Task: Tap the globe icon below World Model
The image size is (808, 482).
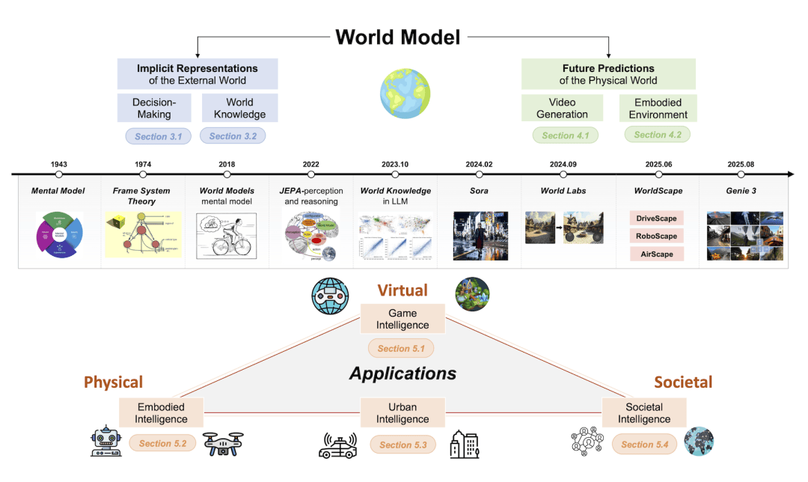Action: tap(404, 94)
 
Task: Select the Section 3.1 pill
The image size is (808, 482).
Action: tap(158, 136)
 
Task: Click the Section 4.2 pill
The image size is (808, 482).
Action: tap(657, 135)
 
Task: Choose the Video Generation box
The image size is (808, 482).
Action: tap(562, 108)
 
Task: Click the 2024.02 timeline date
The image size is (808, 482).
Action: tap(479, 164)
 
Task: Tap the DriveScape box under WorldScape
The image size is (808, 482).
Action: tap(656, 219)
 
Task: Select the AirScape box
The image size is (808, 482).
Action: tap(656, 254)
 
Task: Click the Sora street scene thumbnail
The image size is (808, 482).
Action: tap(479, 235)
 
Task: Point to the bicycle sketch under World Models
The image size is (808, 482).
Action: tap(225, 237)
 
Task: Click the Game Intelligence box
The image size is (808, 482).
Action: tap(403, 319)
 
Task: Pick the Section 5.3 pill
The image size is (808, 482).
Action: tap(403, 445)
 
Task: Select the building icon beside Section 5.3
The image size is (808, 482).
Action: tap(464, 443)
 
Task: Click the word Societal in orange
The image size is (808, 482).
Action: tap(682, 382)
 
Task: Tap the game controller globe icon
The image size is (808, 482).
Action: tap(330, 296)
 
